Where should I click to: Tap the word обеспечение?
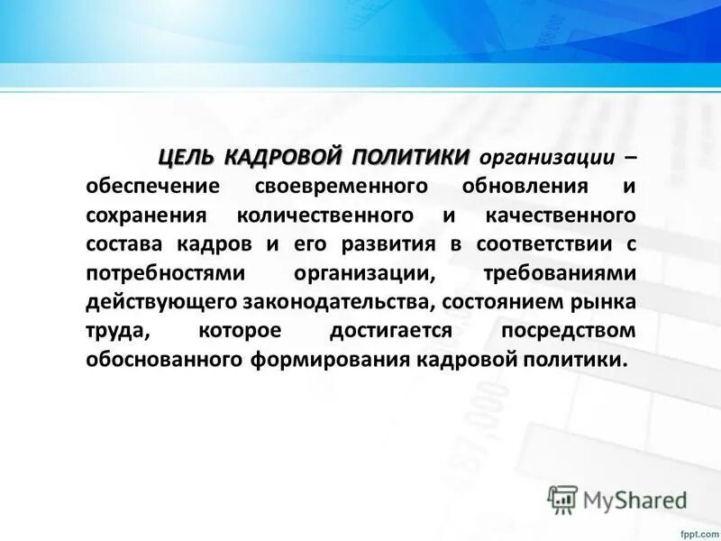142,188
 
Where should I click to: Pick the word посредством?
568,332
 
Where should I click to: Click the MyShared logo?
617,497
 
